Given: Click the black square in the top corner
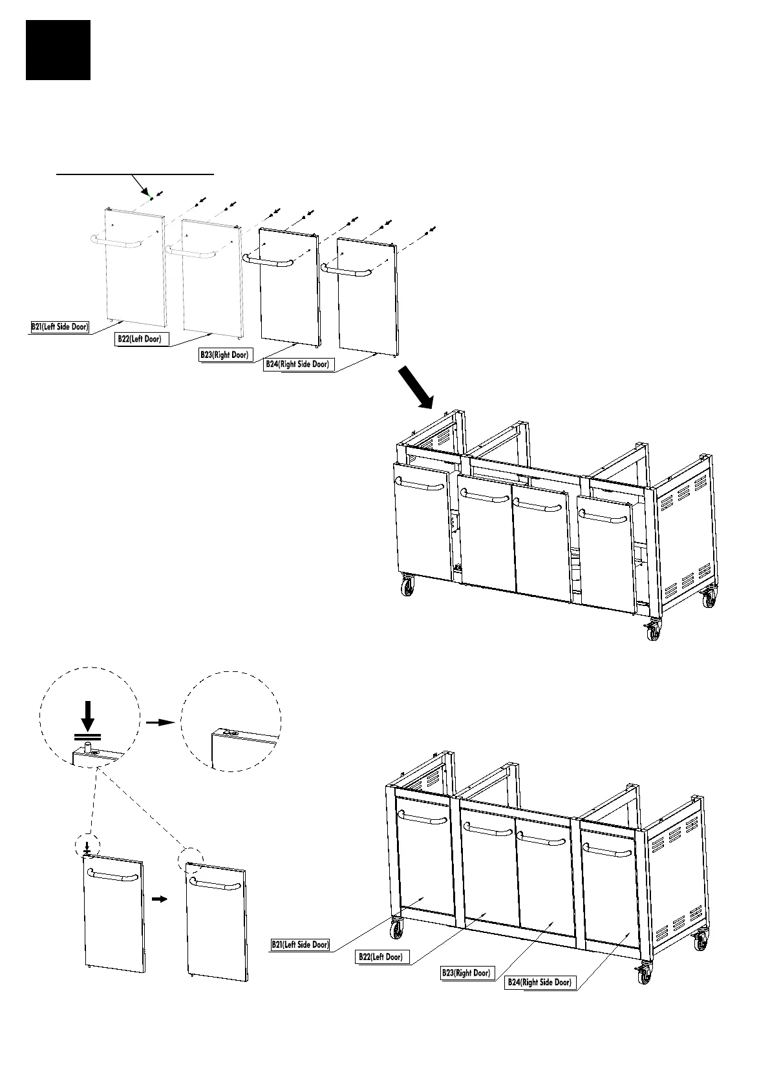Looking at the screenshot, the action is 58,50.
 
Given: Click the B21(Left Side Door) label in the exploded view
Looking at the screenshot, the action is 60,326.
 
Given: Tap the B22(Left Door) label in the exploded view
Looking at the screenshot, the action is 139,339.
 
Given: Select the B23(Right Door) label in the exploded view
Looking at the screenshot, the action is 224,355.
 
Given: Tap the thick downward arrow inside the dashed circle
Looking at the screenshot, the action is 88,715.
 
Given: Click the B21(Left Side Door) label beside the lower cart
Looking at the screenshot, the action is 300,945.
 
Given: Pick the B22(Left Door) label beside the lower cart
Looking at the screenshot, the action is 383,957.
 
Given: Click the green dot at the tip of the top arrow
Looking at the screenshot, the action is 150,194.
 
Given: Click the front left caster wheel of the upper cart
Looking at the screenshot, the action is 407,587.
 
